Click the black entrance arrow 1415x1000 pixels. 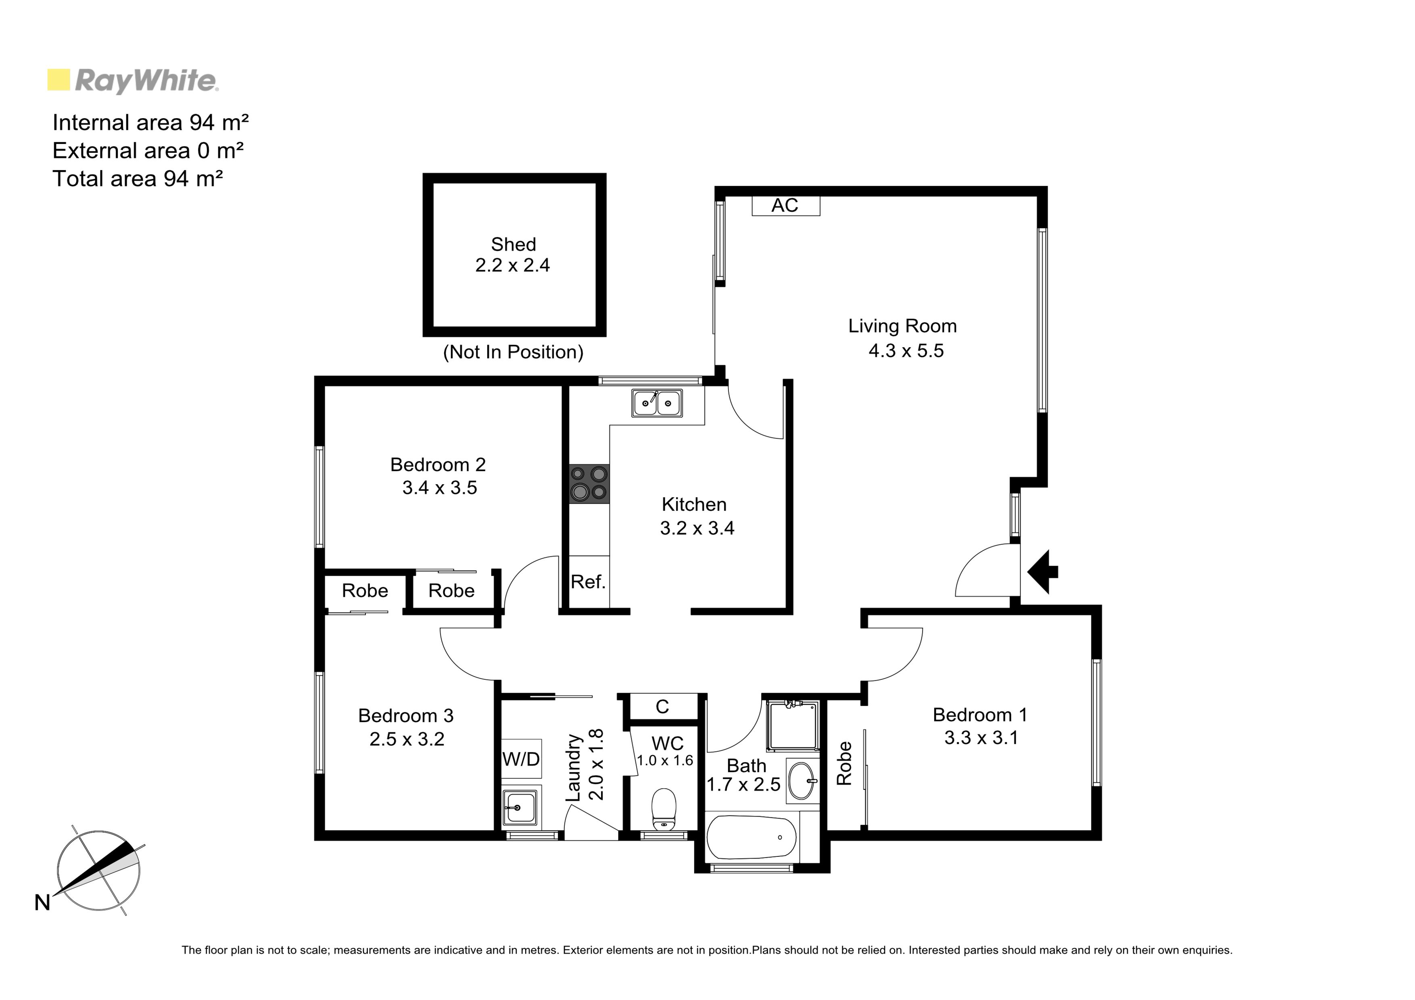click(x=1043, y=572)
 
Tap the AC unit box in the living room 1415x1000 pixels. click(x=786, y=205)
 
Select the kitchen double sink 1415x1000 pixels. click(x=656, y=403)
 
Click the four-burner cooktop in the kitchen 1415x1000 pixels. click(x=589, y=484)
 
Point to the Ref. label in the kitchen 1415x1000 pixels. click(x=588, y=581)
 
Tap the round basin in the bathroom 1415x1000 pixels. click(x=802, y=781)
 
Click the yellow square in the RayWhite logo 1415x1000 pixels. click(x=58, y=80)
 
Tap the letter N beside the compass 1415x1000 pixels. click(x=42, y=903)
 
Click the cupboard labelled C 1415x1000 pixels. click(x=662, y=707)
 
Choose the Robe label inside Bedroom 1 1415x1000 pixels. click(x=844, y=763)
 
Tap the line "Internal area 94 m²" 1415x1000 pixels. click(x=151, y=123)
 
